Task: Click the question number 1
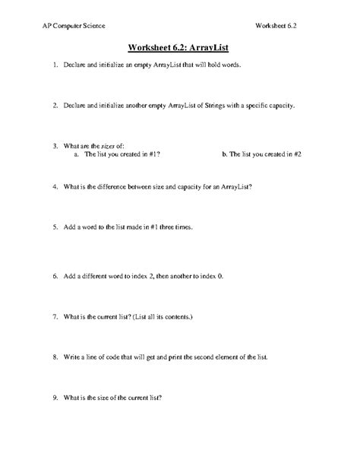pyautogui.click(x=55, y=66)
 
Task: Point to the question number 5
pyautogui.click(x=55, y=226)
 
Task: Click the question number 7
pyautogui.click(x=55, y=315)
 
